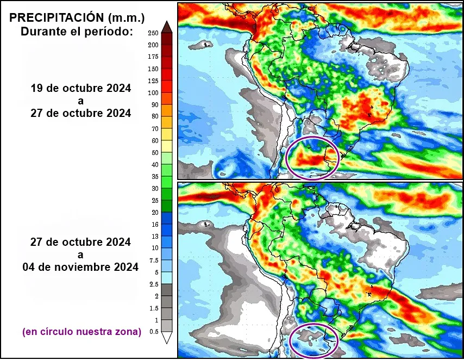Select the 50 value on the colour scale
pyautogui.click(x=154, y=153)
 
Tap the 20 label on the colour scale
pyautogui.click(x=154, y=213)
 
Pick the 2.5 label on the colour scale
pyautogui.click(x=154, y=284)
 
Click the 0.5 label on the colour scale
pyautogui.click(x=154, y=332)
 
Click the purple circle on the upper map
pyautogui.click(x=312, y=158)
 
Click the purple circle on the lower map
pyautogui.click(x=313, y=341)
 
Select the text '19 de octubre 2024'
pyautogui.click(x=80, y=88)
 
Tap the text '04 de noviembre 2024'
pyautogui.click(x=80, y=268)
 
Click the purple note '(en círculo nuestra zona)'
pyautogui.click(x=81, y=331)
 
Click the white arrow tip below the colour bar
pyautogui.click(x=167, y=338)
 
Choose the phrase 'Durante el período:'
pyautogui.click(x=77, y=32)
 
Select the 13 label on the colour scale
pyautogui.click(x=154, y=237)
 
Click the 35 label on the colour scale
pyautogui.click(x=154, y=177)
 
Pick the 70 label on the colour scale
pyautogui.click(x=154, y=129)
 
